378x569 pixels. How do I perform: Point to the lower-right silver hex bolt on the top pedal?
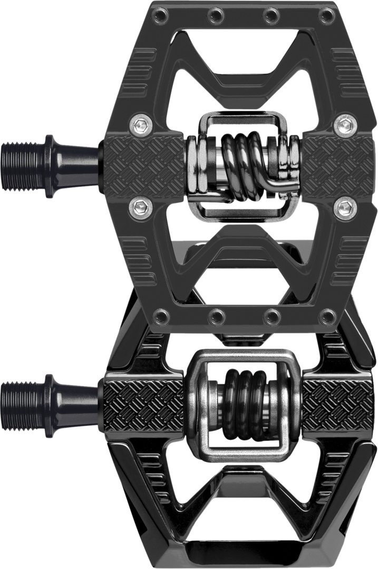346,207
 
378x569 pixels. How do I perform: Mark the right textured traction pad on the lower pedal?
337,406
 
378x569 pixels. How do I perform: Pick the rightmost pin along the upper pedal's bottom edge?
328,317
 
